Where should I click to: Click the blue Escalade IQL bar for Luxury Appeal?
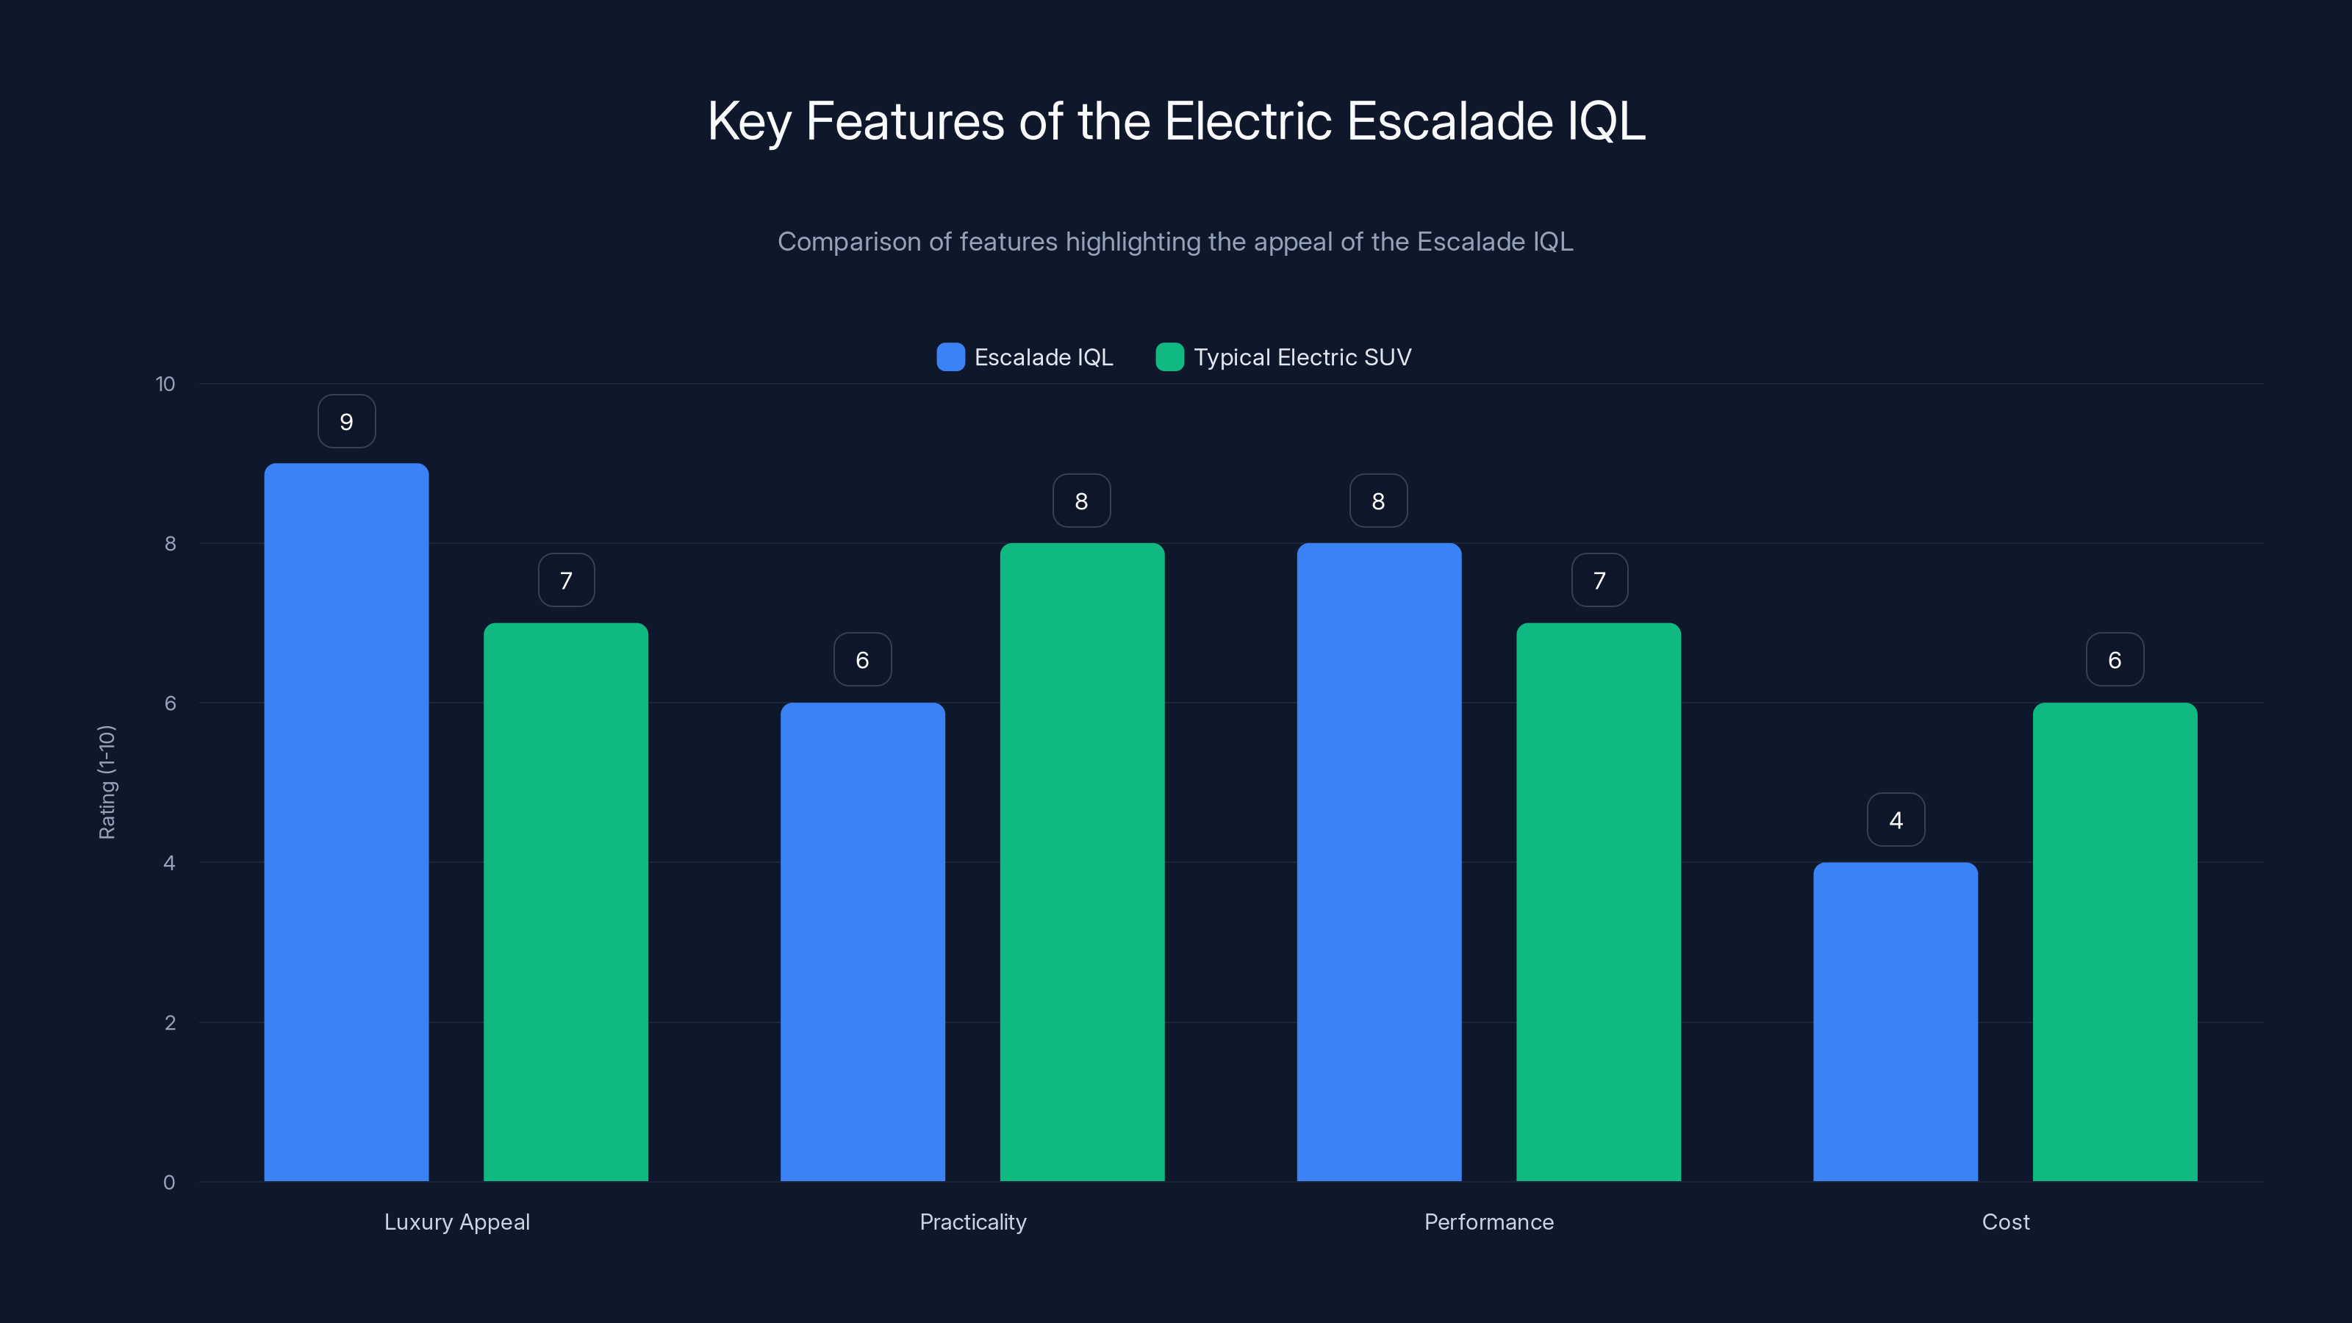pyautogui.click(x=346, y=822)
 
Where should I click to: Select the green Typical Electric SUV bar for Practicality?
pyautogui.click(x=1082, y=862)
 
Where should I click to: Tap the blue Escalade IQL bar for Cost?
pyautogui.click(x=1896, y=1022)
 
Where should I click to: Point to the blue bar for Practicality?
pyautogui.click(x=862, y=942)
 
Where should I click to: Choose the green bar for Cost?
pyautogui.click(x=2115, y=942)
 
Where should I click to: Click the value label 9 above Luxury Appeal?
pyautogui.click(x=346, y=422)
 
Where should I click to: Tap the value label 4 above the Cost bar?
pyautogui.click(x=1896, y=820)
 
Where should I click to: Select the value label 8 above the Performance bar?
pyautogui.click(x=1378, y=501)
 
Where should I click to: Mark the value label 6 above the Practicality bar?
pyautogui.click(x=862, y=660)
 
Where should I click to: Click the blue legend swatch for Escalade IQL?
pyautogui.click(x=950, y=357)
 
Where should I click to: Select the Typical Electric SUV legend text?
pyautogui.click(x=1302, y=357)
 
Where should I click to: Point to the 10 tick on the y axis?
pyautogui.click(x=165, y=384)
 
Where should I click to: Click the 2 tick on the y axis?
pyautogui.click(x=170, y=1022)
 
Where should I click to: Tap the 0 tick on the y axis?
pyautogui.click(x=169, y=1183)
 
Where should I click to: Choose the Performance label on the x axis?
pyautogui.click(x=1488, y=1222)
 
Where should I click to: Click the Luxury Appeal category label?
pyautogui.click(x=456, y=1222)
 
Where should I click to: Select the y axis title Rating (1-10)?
pyautogui.click(x=107, y=781)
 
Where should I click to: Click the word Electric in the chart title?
pyautogui.click(x=1248, y=121)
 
